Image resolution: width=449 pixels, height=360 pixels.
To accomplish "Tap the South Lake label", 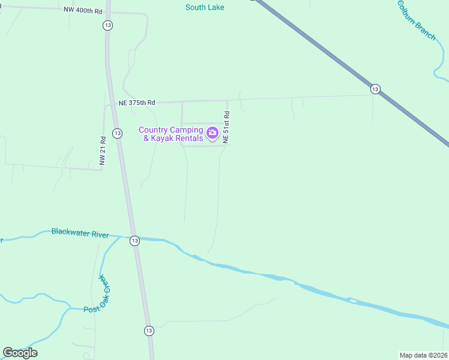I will click(205, 7).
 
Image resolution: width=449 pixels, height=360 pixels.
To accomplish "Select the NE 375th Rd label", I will click(137, 103).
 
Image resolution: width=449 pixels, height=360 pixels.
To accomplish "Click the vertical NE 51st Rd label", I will click(226, 127).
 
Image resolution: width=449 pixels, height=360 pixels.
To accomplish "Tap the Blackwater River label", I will click(80, 233).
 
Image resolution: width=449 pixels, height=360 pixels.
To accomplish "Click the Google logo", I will click(20, 352).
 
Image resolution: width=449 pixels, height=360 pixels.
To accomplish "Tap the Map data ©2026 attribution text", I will click(423, 355).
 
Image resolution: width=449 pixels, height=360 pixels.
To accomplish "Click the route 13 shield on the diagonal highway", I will click(375, 89).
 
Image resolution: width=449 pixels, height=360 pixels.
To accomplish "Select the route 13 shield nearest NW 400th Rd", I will click(107, 25).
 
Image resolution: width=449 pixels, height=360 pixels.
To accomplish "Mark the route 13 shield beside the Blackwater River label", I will click(134, 240).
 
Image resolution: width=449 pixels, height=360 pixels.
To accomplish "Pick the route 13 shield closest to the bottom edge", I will click(149, 331).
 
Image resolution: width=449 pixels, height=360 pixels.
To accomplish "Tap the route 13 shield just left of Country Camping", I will click(117, 133).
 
